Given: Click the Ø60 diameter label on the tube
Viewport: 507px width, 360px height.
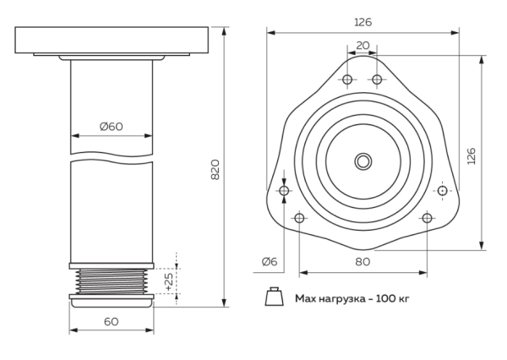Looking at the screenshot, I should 112,126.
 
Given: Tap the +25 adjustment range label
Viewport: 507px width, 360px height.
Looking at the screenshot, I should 169,282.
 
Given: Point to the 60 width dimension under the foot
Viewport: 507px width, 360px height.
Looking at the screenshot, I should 112,321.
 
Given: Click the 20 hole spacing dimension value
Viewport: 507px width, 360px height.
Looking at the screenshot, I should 363,46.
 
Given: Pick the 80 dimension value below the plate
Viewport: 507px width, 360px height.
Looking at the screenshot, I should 363,261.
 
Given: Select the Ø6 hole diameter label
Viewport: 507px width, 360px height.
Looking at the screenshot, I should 269,261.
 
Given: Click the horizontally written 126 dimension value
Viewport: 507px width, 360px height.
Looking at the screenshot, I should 363,22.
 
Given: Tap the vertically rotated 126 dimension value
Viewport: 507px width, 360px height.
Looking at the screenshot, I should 471,156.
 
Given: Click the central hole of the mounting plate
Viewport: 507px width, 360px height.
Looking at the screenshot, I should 363,160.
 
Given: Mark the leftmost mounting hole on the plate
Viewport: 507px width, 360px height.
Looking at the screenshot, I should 284,192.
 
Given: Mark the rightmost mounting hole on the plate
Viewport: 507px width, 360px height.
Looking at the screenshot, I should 441,192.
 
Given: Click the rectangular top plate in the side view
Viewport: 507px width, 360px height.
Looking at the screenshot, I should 112,40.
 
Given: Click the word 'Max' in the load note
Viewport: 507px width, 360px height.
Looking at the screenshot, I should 305,298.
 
